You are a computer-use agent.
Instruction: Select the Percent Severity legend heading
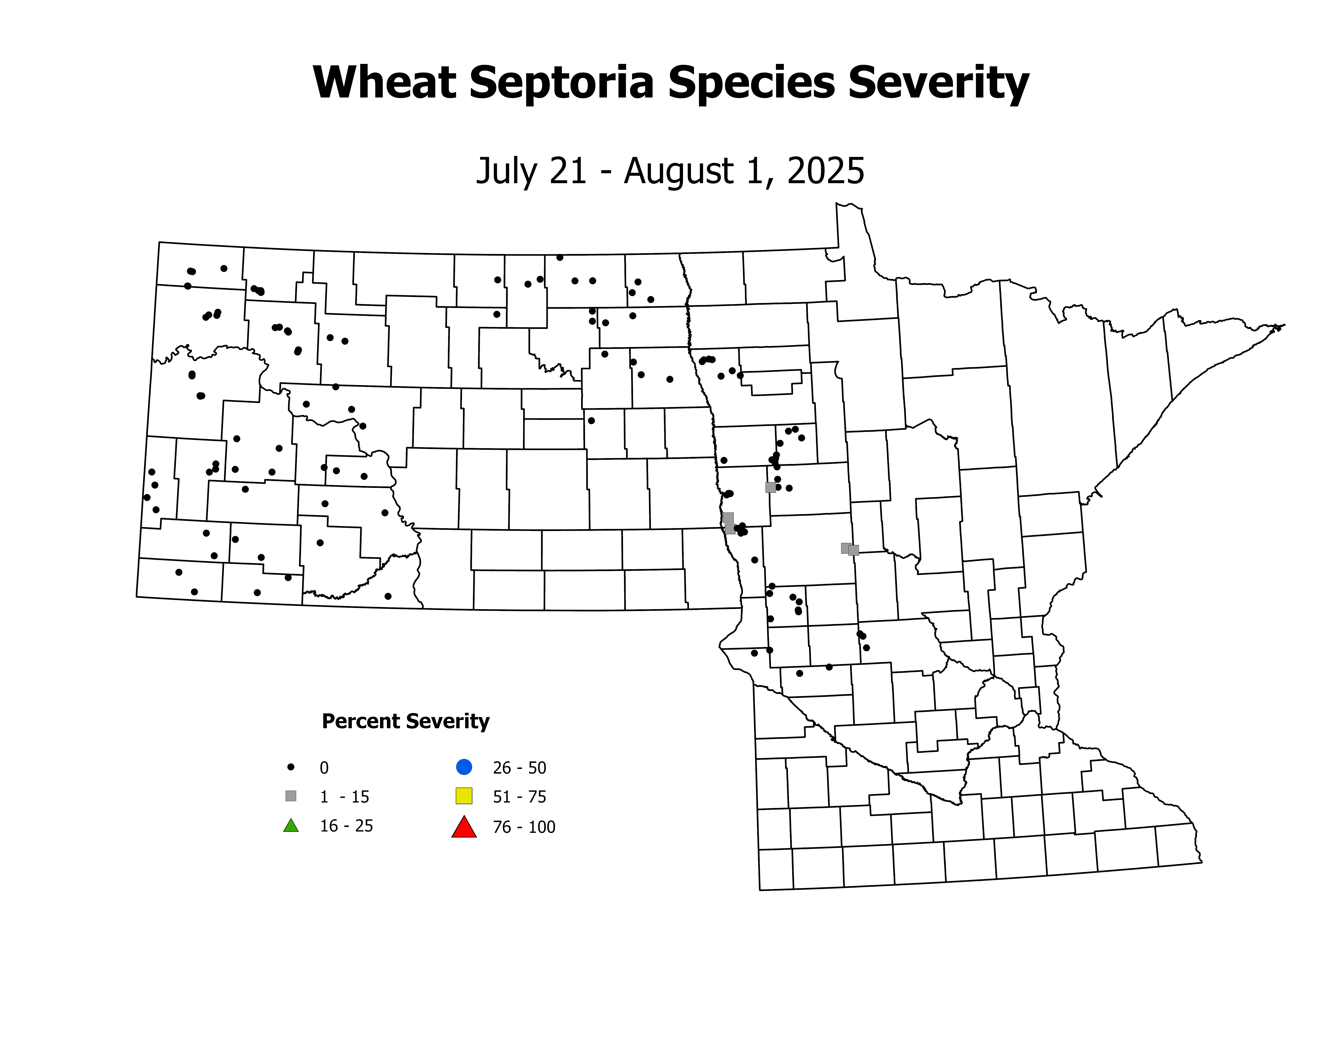click(406, 721)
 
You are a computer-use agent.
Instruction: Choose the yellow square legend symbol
click(464, 796)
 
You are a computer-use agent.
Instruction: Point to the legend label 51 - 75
click(519, 797)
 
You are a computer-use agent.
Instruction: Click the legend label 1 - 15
click(344, 797)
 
